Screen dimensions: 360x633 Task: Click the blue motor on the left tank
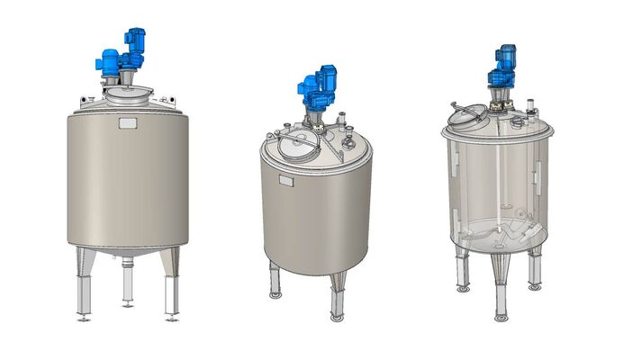[x=122, y=54]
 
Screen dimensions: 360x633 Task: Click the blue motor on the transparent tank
[x=502, y=68]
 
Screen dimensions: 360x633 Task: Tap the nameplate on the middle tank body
[x=286, y=182]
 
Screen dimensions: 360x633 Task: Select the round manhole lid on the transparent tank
[x=467, y=114]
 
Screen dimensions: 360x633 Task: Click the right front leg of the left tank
[x=171, y=288]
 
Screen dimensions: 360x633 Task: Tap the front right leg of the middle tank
[x=337, y=290]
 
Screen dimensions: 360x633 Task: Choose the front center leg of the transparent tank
[x=501, y=283]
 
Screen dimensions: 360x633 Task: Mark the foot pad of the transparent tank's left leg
[x=463, y=289]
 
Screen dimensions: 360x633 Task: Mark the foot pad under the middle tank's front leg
[x=337, y=317]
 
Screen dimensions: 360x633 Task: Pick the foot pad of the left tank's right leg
[x=172, y=318]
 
